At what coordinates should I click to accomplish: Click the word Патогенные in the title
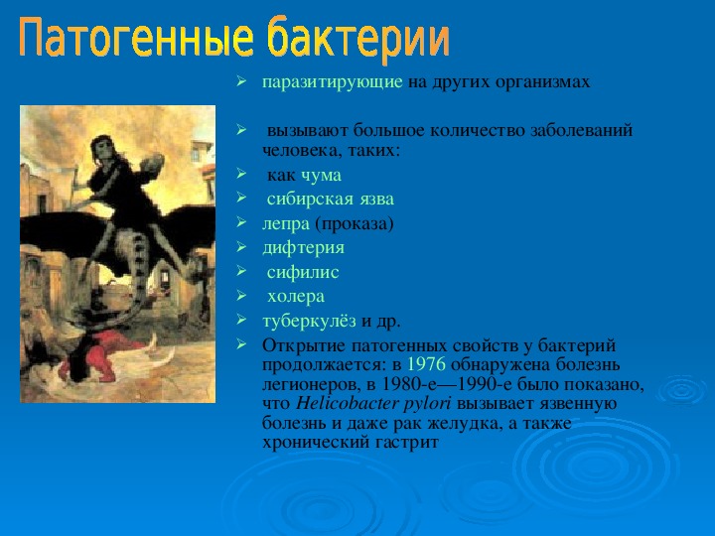135,39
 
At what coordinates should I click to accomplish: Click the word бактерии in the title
358,39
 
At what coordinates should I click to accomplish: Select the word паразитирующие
332,82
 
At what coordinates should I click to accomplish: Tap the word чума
321,176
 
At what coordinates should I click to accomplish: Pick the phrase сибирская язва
330,200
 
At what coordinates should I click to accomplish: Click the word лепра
286,224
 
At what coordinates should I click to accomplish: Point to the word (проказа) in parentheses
355,224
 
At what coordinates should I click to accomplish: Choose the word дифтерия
303,248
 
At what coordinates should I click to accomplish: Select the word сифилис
303,273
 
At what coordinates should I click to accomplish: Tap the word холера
296,297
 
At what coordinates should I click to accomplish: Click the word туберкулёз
309,322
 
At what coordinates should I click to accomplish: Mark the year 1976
426,364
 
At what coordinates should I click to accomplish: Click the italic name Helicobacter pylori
373,404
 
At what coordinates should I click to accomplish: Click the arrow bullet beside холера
241,296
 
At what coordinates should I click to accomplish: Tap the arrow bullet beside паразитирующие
241,82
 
